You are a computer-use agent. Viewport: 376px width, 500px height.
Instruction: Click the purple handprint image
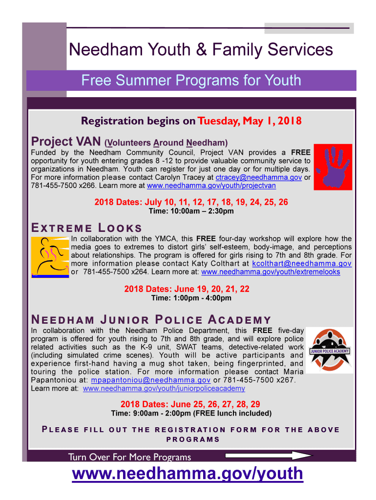332,167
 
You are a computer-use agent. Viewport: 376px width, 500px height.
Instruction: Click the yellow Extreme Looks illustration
50,257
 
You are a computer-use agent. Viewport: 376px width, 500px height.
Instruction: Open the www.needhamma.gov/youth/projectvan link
211,186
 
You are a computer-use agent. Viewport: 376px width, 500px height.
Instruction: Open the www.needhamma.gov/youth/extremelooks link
271,272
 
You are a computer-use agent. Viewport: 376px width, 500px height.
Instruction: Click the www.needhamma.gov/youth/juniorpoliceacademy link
164,389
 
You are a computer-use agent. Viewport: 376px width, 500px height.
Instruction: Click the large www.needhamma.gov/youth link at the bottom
188,473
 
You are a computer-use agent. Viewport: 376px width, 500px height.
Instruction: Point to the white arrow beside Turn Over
268,456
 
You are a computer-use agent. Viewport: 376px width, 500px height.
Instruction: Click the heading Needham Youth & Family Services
201,49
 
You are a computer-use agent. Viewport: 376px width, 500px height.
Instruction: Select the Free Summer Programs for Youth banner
191,80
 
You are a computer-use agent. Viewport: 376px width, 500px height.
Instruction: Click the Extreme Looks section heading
86,228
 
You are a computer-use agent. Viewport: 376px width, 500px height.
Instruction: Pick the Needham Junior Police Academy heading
151,320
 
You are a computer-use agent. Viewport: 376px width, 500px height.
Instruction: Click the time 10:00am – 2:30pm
191,211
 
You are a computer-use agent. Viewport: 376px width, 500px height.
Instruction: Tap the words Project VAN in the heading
65,142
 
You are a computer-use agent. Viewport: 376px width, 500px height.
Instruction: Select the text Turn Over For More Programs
129,457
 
